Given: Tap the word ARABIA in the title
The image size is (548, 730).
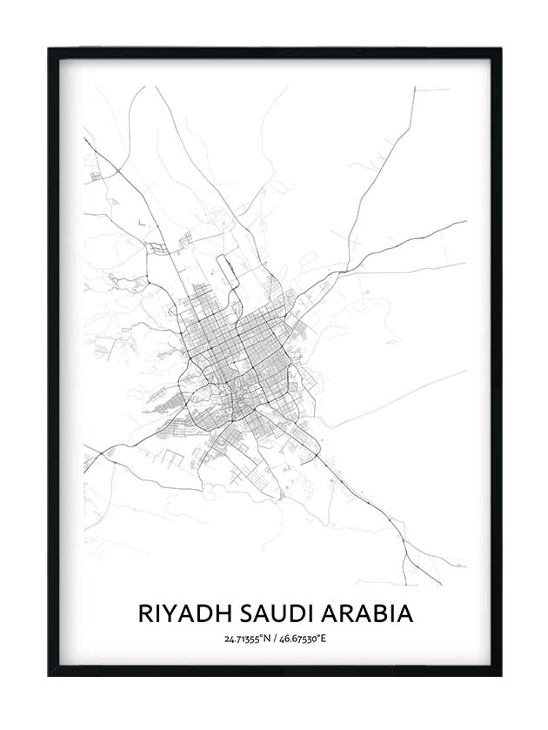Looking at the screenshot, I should (369, 613).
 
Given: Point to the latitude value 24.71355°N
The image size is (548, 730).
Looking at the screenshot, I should (245, 640).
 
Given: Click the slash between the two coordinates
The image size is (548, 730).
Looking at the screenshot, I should (275, 640).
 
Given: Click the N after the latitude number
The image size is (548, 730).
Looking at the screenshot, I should (264, 640).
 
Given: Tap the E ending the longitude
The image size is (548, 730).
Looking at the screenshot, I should (323, 640).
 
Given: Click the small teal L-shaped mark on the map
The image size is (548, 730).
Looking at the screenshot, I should (140, 223).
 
